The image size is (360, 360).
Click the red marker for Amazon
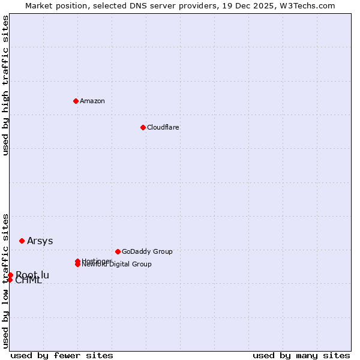click(x=76, y=101)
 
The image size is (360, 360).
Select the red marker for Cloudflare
click(x=143, y=127)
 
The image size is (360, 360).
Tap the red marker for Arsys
click(x=22, y=241)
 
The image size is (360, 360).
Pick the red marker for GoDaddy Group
click(x=118, y=251)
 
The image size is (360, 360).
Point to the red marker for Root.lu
click(x=10, y=275)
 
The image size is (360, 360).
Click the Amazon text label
click(x=92, y=101)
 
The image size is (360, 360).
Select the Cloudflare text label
click(x=163, y=127)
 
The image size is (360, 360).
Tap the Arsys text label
click(x=40, y=241)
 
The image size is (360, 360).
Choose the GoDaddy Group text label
click(x=147, y=251)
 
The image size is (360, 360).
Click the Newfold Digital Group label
click(x=117, y=265)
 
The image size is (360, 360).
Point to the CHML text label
click(x=29, y=281)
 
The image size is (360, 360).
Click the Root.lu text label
click(x=33, y=275)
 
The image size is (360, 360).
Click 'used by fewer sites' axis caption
click(x=62, y=355)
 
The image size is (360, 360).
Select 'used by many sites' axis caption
click(x=301, y=355)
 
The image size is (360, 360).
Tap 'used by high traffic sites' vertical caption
click(x=6, y=85)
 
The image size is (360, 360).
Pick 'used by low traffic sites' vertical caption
click(x=6, y=281)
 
